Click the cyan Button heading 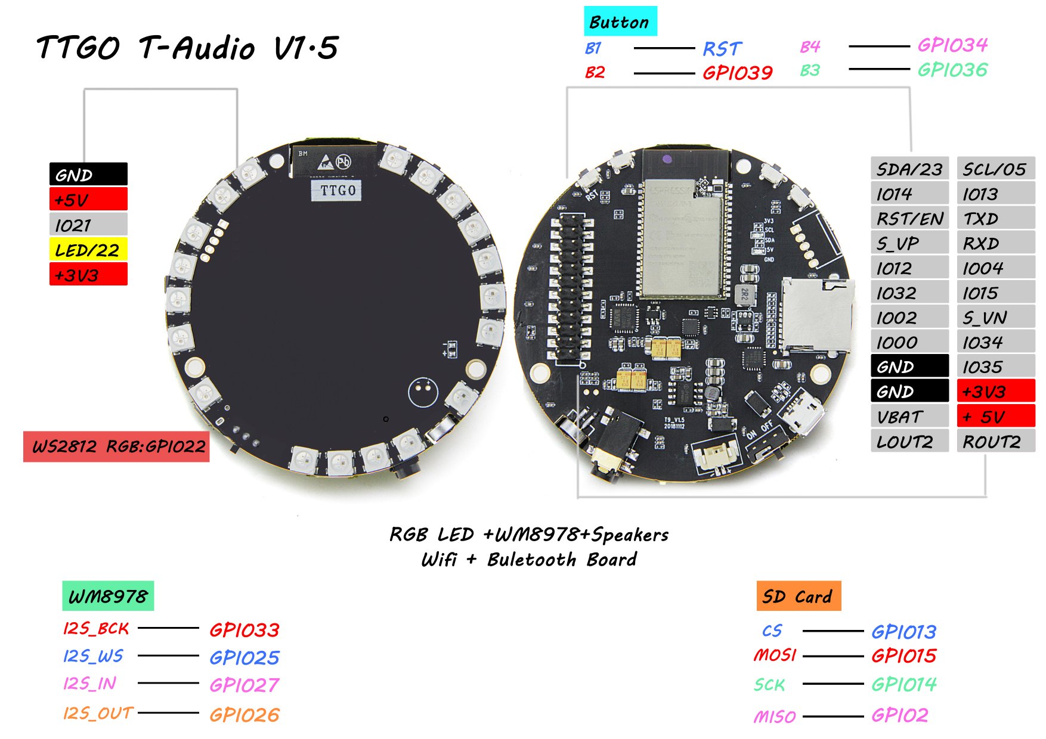(620, 22)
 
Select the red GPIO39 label (737, 73)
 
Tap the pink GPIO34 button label (952, 45)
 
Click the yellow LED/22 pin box (88, 250)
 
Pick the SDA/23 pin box (909, 169)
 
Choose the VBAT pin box (909, 417)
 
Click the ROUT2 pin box (995, 442)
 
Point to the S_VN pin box (995, 318)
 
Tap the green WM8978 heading (108, 596)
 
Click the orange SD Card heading (798, 596)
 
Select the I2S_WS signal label (93, 656)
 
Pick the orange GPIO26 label (245, 715)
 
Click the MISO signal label (775, 716)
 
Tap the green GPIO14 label (903, 684)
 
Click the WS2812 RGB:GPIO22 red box (117, 446)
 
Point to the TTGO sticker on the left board (338, 190)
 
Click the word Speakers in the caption (630, 535)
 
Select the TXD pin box (995, 219)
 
